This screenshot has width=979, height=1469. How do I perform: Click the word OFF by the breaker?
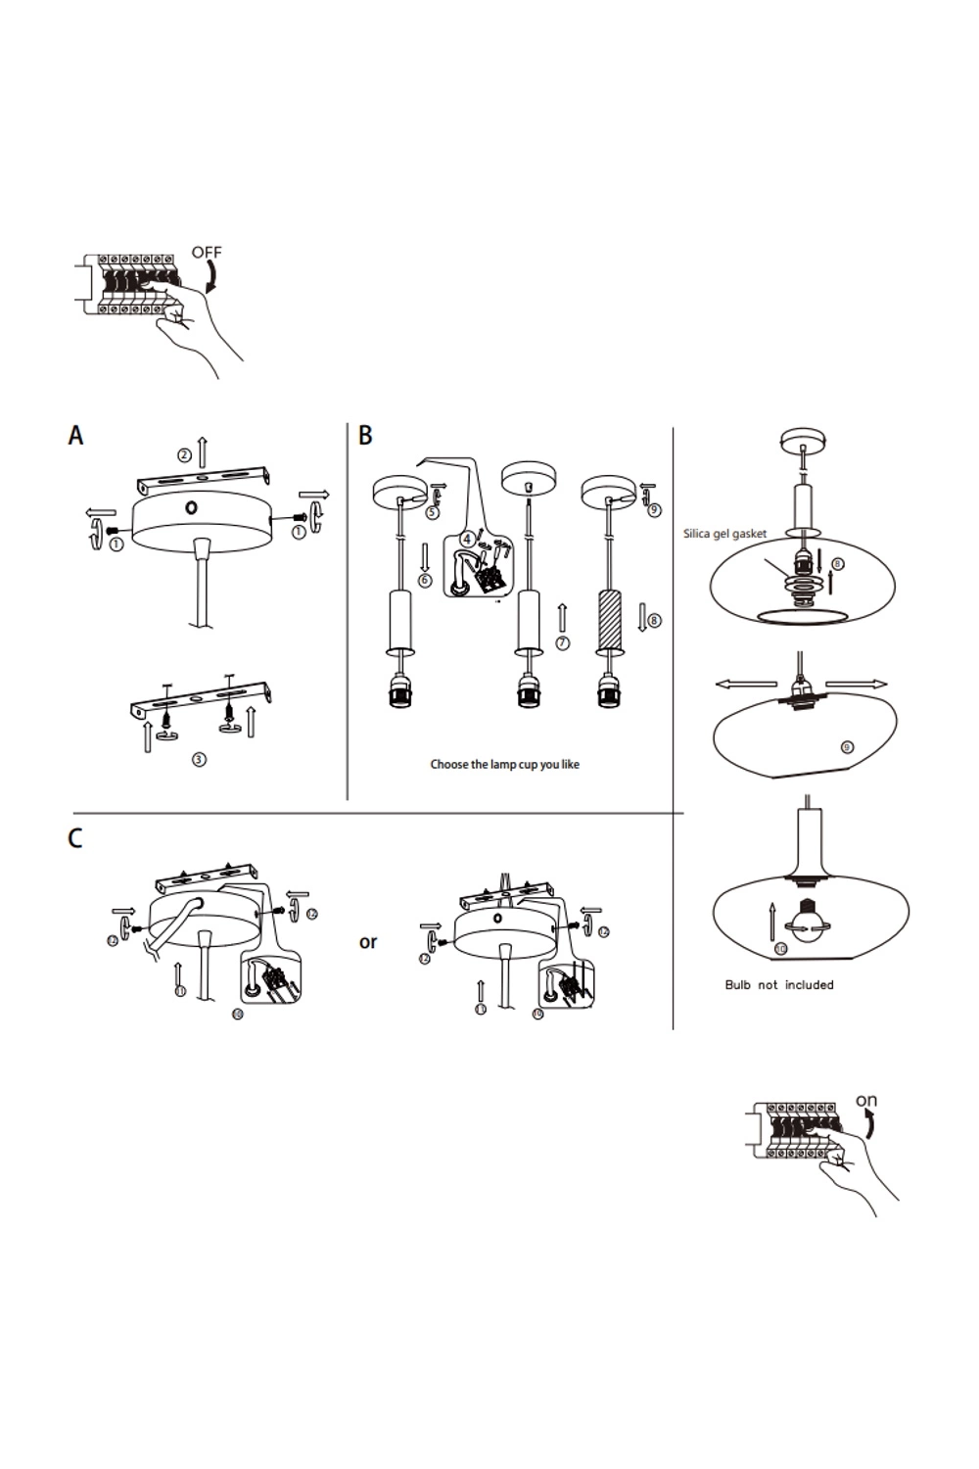[207, 253]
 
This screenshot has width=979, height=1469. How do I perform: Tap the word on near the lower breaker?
[866, 1101]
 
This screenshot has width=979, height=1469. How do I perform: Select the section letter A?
[75, 436]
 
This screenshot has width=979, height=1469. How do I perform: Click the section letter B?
[365, 436]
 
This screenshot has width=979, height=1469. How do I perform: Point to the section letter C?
[75, 839]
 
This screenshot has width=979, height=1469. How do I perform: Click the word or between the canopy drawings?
[368, 942]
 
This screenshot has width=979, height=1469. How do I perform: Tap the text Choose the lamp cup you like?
[504, 765]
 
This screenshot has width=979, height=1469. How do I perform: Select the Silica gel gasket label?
[724, 534]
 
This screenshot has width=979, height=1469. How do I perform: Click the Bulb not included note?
[779, 985]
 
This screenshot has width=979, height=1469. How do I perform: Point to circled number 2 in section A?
[184, 454]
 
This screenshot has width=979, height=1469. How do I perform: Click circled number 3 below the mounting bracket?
[199, 759]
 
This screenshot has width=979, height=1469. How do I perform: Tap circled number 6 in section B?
[425, 581]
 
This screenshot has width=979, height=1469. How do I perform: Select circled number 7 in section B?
[562, 643]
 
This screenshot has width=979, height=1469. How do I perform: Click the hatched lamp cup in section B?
[610, 620]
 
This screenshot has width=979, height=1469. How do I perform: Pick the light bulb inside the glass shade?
[810, 924]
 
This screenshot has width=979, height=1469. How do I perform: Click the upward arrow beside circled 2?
[203, 450]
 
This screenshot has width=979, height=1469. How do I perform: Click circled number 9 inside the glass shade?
[847, 747]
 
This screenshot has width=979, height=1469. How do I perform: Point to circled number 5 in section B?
[433, 511]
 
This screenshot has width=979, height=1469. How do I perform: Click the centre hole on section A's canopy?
[192, 507]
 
